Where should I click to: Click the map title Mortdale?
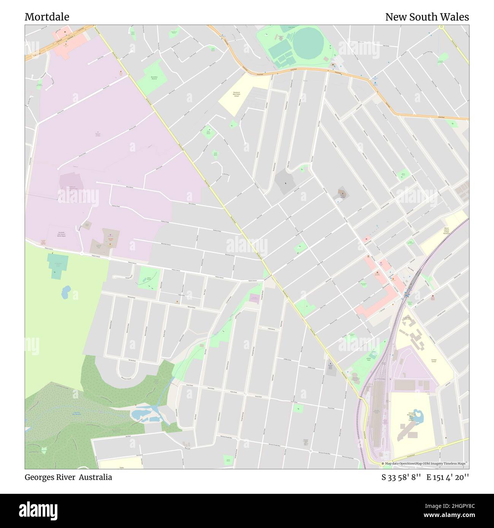tap(47, 17)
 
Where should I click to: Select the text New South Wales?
tap(427, 17)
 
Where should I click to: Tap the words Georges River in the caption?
tap(50, 477)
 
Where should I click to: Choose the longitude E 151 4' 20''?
tap(448, 477)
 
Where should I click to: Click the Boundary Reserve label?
tap(154, 78)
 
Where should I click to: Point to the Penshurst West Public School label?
tap(236, 94)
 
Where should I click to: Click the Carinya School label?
tap(434, 360)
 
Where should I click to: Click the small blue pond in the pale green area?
tap(66, 291)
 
